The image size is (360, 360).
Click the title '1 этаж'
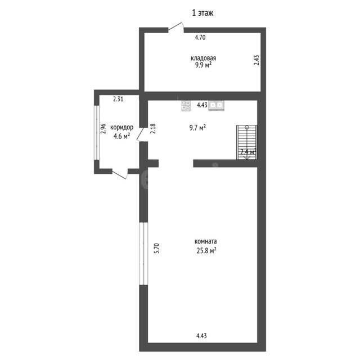click(x=202, y=13)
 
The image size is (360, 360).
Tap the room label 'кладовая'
click(x=204, y=58)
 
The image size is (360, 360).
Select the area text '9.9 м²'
click(x=203, y=65)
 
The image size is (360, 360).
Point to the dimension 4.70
click(x=200, y=37)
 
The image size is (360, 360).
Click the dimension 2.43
click(x=256, y=60)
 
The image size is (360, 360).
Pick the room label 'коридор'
click(x=121, y=128)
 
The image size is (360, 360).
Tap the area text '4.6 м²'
click(x=121, y=136)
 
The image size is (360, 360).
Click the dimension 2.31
click(x=118, y=99)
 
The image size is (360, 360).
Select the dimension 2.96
click(x=103, y=129)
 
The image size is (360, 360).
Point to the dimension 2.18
click(x=153, y=129)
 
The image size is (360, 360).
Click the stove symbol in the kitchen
click(x=186, y=105)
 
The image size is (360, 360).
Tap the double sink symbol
click(x=216, y=105)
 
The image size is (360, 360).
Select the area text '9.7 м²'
click(x=197, y=128)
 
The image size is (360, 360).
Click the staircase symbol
click(x=246, y=142)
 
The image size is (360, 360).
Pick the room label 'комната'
click(x=205, y=241)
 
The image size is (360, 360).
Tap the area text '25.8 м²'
click(x=206, y=250)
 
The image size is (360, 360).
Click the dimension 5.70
click(x=156, y=248)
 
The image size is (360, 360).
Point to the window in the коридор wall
click(x=97, y=133)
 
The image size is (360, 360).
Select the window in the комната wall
click(x=144, y=254)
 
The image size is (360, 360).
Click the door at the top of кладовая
click(x=176, y=28)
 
